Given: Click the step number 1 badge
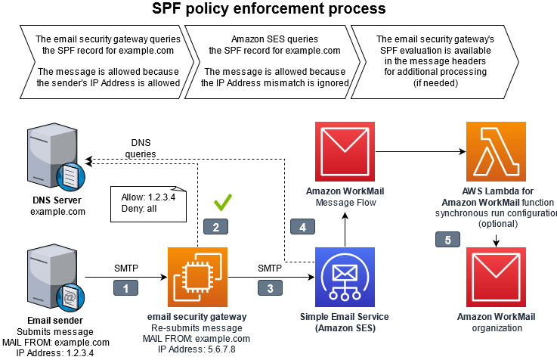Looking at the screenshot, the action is click(125, 288).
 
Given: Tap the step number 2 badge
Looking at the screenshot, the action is click(215, 227).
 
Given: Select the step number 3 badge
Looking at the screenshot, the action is click(270, 288).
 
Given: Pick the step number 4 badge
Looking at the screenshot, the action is click(302, 227).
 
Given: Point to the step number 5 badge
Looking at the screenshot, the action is click(447, 240).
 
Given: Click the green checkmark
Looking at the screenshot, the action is click(223, 203).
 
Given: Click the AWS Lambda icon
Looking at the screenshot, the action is click(496, 151).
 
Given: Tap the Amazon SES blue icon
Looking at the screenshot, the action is click(345, 278).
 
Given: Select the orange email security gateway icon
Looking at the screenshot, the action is click(197, 278).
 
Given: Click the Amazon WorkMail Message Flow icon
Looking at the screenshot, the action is click(345, 151).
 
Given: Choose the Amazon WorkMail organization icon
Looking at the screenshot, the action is click(496, 278).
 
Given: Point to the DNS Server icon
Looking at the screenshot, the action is click(56, 157).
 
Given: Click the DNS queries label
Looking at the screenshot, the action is click(141, 148).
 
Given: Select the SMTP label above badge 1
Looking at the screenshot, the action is click(126, 268).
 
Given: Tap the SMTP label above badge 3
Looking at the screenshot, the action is click(270, 268).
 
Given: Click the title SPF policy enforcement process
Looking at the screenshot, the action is click(269, 8).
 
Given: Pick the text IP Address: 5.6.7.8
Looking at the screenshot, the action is click(196, 349).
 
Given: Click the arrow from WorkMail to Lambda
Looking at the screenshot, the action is click(421, 152).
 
